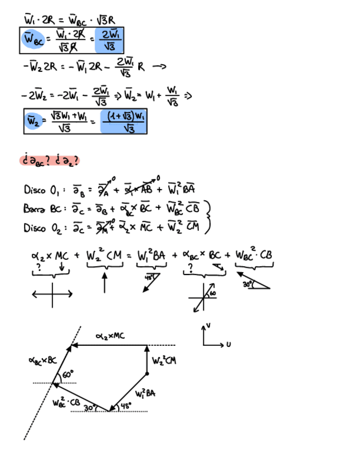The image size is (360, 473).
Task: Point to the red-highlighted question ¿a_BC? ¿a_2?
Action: pos(50,161)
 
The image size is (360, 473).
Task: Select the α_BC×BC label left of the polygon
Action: pos(42,360)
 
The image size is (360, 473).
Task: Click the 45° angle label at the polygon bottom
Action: pos(126,406)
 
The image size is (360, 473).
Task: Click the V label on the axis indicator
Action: pos(208,325)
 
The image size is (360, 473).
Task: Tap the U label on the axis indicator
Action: pos(228,344)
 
